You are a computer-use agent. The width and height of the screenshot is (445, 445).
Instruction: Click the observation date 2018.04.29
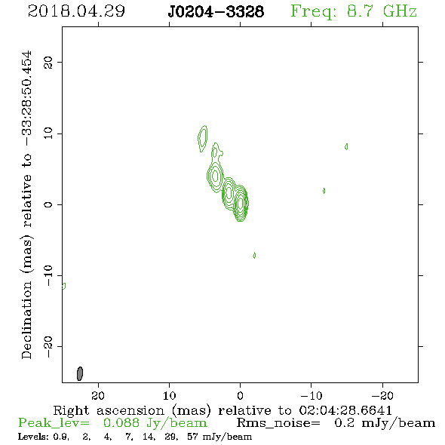pyautogui.click(x=76, y=11)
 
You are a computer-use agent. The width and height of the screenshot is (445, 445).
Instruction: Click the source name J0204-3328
pyautogui.click(x=216, y=11)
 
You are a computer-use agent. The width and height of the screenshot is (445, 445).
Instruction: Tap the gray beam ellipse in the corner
pyautogui.click(x=80, y=373)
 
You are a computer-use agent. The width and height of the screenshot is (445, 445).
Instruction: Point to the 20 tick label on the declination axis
pyautogui.click(x=48, y=62)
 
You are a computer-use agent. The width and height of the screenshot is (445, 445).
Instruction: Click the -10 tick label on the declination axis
pyautogui.click(x=48, y=275)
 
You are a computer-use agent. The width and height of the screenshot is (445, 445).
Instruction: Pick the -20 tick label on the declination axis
pyautogui.click(x=48, y=346)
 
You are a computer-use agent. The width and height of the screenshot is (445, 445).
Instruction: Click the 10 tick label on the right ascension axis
pyautogui.click(x=169, y=395)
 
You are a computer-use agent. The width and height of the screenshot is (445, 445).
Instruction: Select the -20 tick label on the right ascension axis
pyautogui.click(x=382, y=395)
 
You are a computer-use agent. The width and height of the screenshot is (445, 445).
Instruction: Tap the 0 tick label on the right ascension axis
pyautogui.click(x=240, y=395)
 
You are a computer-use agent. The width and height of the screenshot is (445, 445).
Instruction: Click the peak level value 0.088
pyautogui.click(x=121, y=423)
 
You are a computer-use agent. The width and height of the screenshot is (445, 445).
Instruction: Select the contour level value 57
pyautogui.click(x=192, y=436)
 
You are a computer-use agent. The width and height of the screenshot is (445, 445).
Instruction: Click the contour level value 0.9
pyautogui.click(x=62, y=437)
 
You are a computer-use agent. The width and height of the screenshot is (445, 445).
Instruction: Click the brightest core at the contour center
pyautogui.click(x=241, y=203)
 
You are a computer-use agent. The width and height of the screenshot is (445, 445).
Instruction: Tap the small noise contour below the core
pyautogui.click(x=254, y=255)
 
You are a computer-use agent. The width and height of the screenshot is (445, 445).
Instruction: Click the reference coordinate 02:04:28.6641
pyautogui.click(x=345, y=410)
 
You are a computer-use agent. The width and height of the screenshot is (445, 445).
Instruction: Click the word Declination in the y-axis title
pyautogui.click(x=26, y=321)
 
